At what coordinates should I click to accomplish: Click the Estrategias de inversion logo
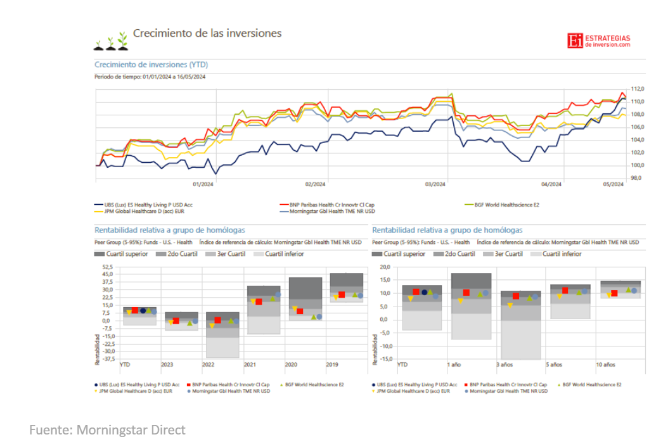(599, 41)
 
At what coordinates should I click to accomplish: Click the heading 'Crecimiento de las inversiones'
(207, 34)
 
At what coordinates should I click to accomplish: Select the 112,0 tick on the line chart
(637, 89)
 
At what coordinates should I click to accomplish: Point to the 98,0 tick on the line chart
(637, 178)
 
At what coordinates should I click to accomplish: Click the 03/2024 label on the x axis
(435, 184)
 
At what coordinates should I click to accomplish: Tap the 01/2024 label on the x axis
(203, 184)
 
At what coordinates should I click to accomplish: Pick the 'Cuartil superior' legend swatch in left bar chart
(100, 254)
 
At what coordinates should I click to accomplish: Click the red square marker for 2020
(300, 311)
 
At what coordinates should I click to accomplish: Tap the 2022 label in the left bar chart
(208, 365)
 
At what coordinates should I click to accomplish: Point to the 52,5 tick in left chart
(108, 267)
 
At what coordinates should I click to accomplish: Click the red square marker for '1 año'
(466, 293)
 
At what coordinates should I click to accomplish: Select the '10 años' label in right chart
(605, 365)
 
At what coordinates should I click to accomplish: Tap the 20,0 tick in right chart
(385, 267)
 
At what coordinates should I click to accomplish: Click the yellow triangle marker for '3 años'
(510, 305)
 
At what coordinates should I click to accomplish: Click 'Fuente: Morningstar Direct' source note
(108, 430)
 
